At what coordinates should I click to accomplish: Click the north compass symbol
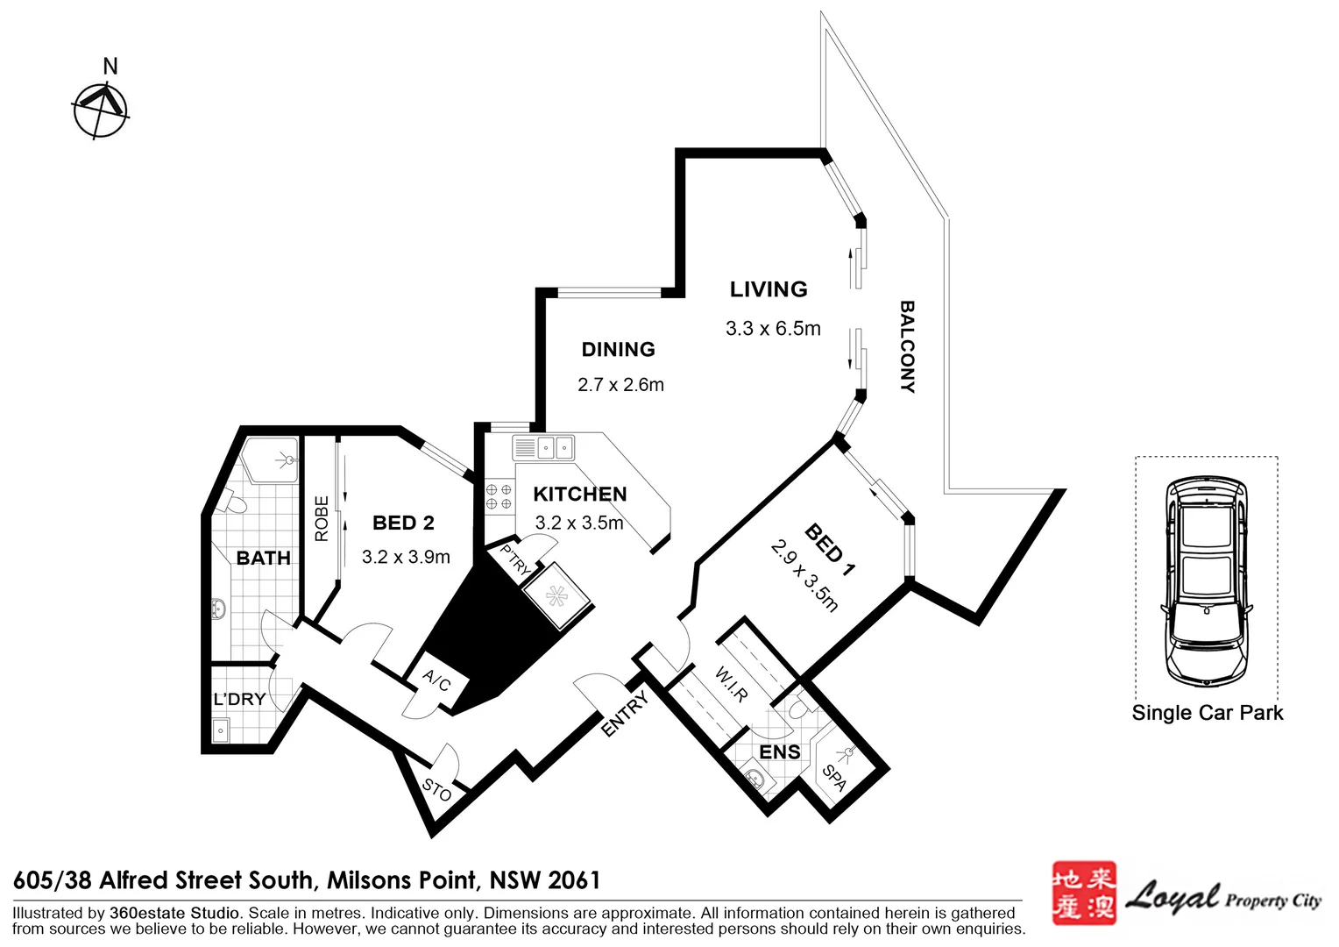point(101,110)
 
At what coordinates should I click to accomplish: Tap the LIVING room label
point(769,289)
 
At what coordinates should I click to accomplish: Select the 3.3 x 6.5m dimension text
point(773,329)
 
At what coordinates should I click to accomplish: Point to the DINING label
point(618,350)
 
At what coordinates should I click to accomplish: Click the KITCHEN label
point(580,495)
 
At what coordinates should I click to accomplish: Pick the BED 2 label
point(403,523)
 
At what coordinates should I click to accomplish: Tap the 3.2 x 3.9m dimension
point(406,557)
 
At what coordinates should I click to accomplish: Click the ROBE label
point(322,518)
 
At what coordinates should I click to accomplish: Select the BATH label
point(263,559)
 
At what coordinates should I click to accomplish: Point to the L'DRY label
point(239,699)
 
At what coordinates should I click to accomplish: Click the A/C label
point(436,680)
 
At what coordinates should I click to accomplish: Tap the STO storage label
point(436,790)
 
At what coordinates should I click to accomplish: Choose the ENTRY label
point(625,713)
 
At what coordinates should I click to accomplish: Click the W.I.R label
point(732,685)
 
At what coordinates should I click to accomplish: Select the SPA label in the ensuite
point(834,777)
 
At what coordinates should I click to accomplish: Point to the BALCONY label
point(907,347)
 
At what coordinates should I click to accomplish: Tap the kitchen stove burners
point(499,496)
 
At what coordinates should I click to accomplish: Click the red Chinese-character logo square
point(1083,893)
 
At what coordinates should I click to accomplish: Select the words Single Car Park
point(1207,713)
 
